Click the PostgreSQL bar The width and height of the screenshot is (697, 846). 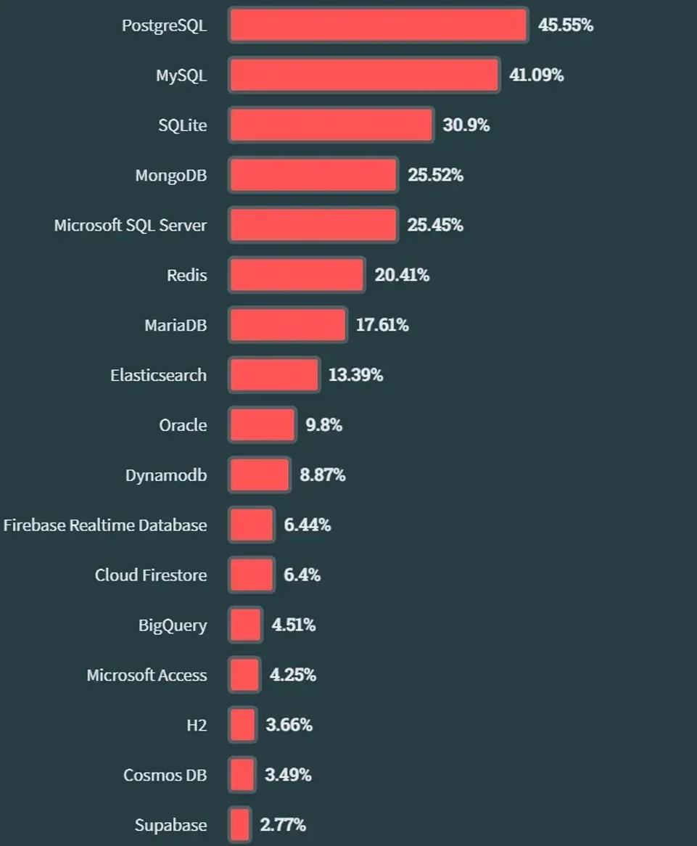378,25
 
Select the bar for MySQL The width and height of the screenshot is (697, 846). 364,75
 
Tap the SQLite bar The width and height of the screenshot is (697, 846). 331,125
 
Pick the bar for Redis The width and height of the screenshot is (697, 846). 297,275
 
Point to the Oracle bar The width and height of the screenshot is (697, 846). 263,425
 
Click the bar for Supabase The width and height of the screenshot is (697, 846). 240,825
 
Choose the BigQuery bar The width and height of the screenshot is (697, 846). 246,625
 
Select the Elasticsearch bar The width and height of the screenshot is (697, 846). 274,375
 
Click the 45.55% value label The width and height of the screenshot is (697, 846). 566,25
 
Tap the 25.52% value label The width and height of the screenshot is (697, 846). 435,175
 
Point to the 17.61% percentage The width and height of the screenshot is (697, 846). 382,325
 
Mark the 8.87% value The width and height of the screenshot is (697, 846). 323,475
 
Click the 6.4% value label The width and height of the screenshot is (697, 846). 302,575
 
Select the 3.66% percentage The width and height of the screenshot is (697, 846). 289,725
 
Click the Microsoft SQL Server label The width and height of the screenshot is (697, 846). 131,225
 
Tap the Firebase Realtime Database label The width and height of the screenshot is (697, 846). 105,525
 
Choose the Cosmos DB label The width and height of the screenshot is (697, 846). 165,775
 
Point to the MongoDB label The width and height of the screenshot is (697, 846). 171,176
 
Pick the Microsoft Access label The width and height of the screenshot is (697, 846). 147,675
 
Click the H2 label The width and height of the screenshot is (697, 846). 197,725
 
